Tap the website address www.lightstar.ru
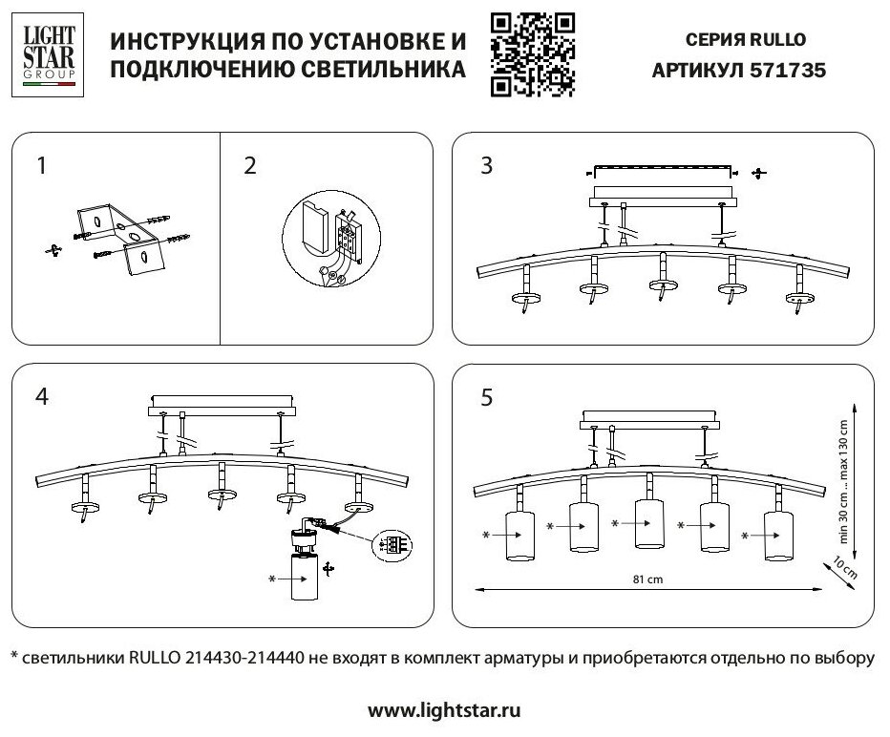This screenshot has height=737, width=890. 444,710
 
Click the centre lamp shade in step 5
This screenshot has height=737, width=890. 648,526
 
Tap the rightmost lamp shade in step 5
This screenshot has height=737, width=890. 778,534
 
